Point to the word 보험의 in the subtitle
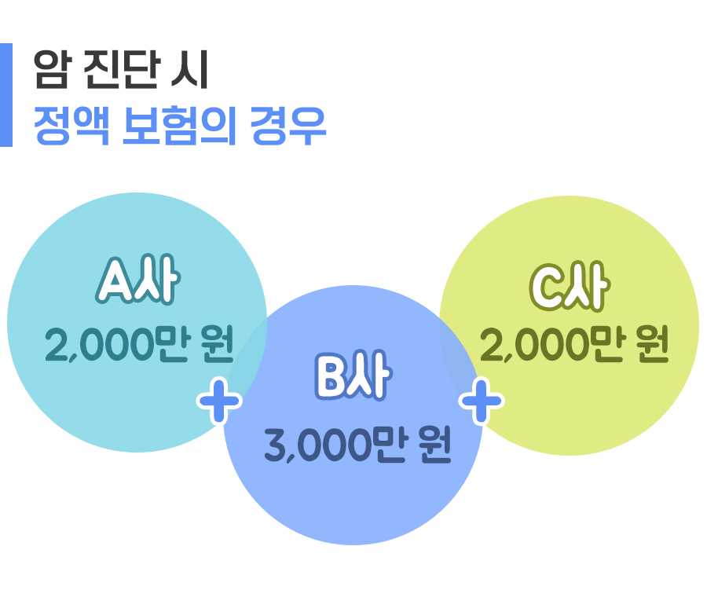pyautogui.click(x=181, y=125)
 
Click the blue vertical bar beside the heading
pyautogui.click(x=6, y=95)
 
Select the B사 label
pyautogui.click(x=352, y=377)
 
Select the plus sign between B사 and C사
pyautogui.click(x=481, y=401)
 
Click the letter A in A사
pyautogui.click(x=115, y=284)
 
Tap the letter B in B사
pyautogui.click(x=331, y=378)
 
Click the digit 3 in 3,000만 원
pyautogui.click(x=276, y=446)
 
